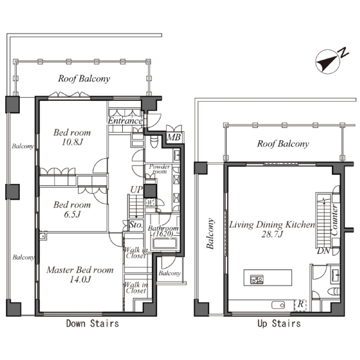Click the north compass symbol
(328, 62)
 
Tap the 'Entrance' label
(125, 121)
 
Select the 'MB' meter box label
(174, 137)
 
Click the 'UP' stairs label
(136, 190)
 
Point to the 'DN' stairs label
(324, 251)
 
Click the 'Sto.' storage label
(136, 224)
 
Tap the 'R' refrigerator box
(300, 305)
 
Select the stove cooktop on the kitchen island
(257, 279)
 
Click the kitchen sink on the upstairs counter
(278, 305)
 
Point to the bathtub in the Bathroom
(165, 243)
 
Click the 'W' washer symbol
(150, 202)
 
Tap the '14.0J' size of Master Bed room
(80, 279)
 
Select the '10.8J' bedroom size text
(72, 142)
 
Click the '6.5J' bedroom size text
(72, 215)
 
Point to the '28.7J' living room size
(272, 234)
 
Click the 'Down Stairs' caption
(93, 324)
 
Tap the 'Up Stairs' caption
(279, 324)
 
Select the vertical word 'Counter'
(334, 220)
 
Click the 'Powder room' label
(160, 169)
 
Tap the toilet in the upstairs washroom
(333, 291)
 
